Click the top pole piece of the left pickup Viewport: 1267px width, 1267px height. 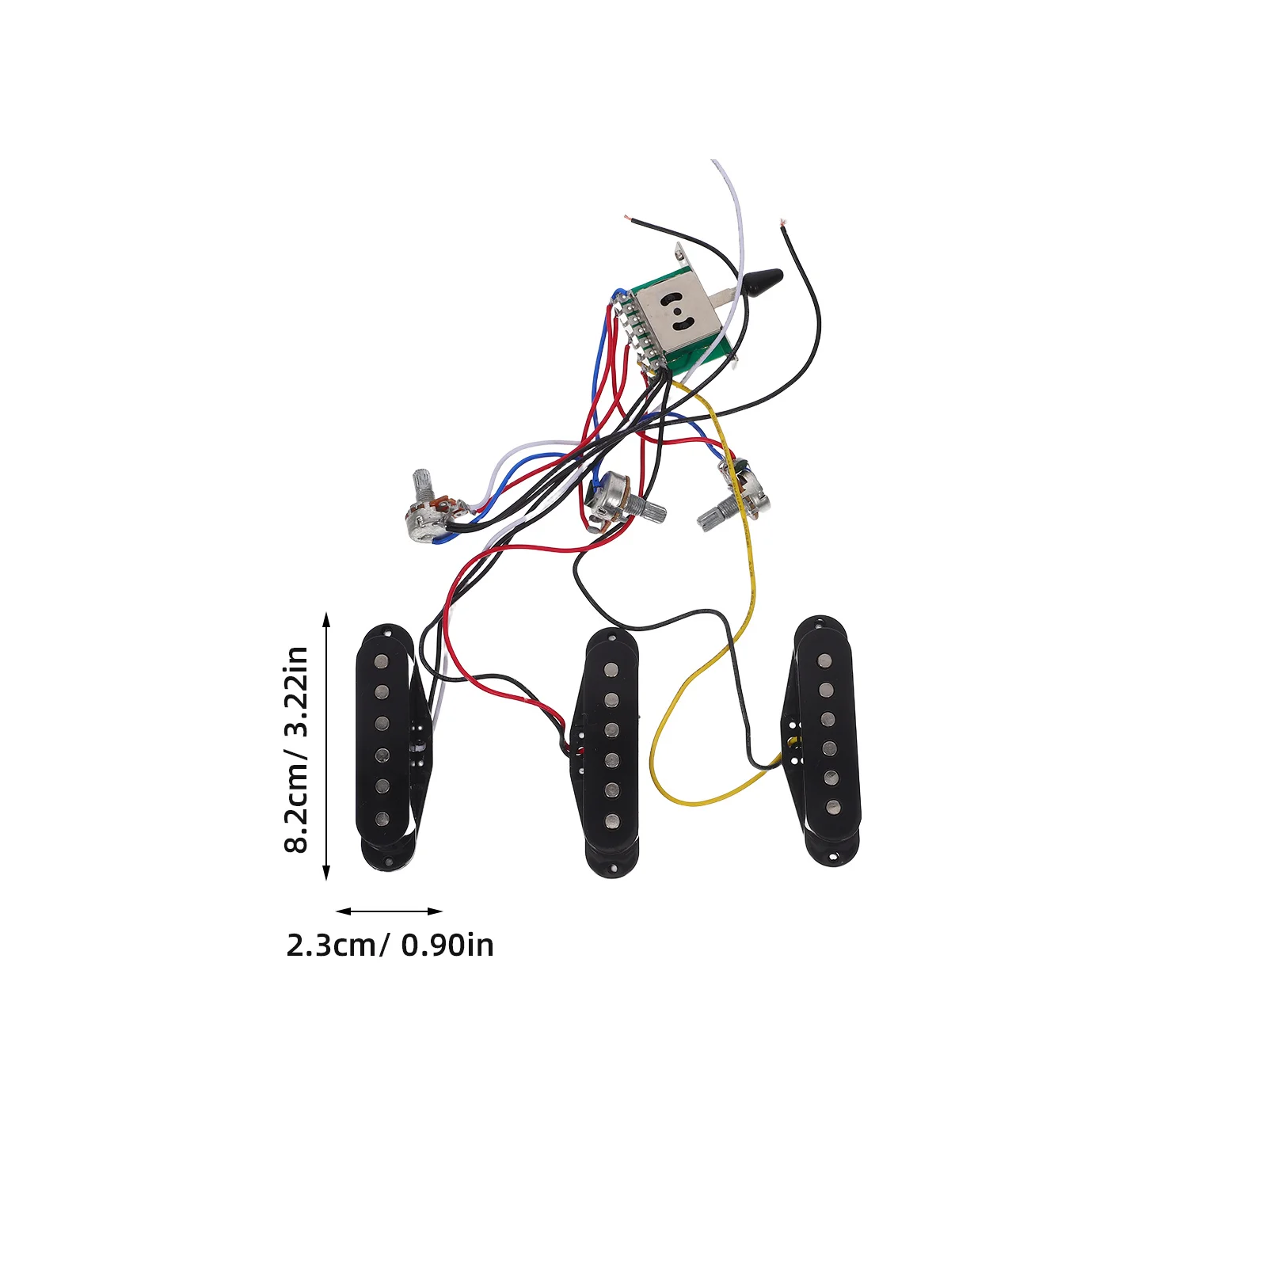click(x=381, y=660)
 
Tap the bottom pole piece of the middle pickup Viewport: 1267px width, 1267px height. click(x=612, y=821)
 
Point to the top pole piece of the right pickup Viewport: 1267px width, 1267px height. click(x=824, y=660)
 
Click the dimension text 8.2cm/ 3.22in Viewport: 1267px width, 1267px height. click(x=295, y=748)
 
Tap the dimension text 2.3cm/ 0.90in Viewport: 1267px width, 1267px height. click(x=390, y=945)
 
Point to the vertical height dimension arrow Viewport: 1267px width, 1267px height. click(x=326, y=746)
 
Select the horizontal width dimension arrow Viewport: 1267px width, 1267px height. click(x=389, y=911)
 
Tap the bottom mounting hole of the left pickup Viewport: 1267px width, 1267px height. click(x=388, y=860)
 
